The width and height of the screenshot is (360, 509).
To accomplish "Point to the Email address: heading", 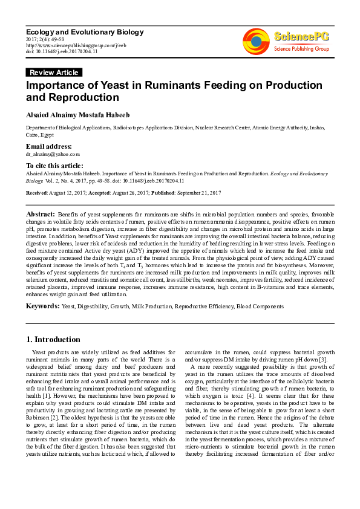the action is (x=48, y=147).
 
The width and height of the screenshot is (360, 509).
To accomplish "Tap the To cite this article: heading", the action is (x=54, y=165).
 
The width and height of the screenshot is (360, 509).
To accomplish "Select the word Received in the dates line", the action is (x=36, y=192).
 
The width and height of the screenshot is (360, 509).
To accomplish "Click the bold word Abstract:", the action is (x=41, y=215).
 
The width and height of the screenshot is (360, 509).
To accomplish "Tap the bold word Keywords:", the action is (x=42, y=306).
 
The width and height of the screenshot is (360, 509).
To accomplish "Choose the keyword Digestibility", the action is (x=94, y=307).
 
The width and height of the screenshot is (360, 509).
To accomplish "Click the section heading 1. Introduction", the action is (x=54, y=340).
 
